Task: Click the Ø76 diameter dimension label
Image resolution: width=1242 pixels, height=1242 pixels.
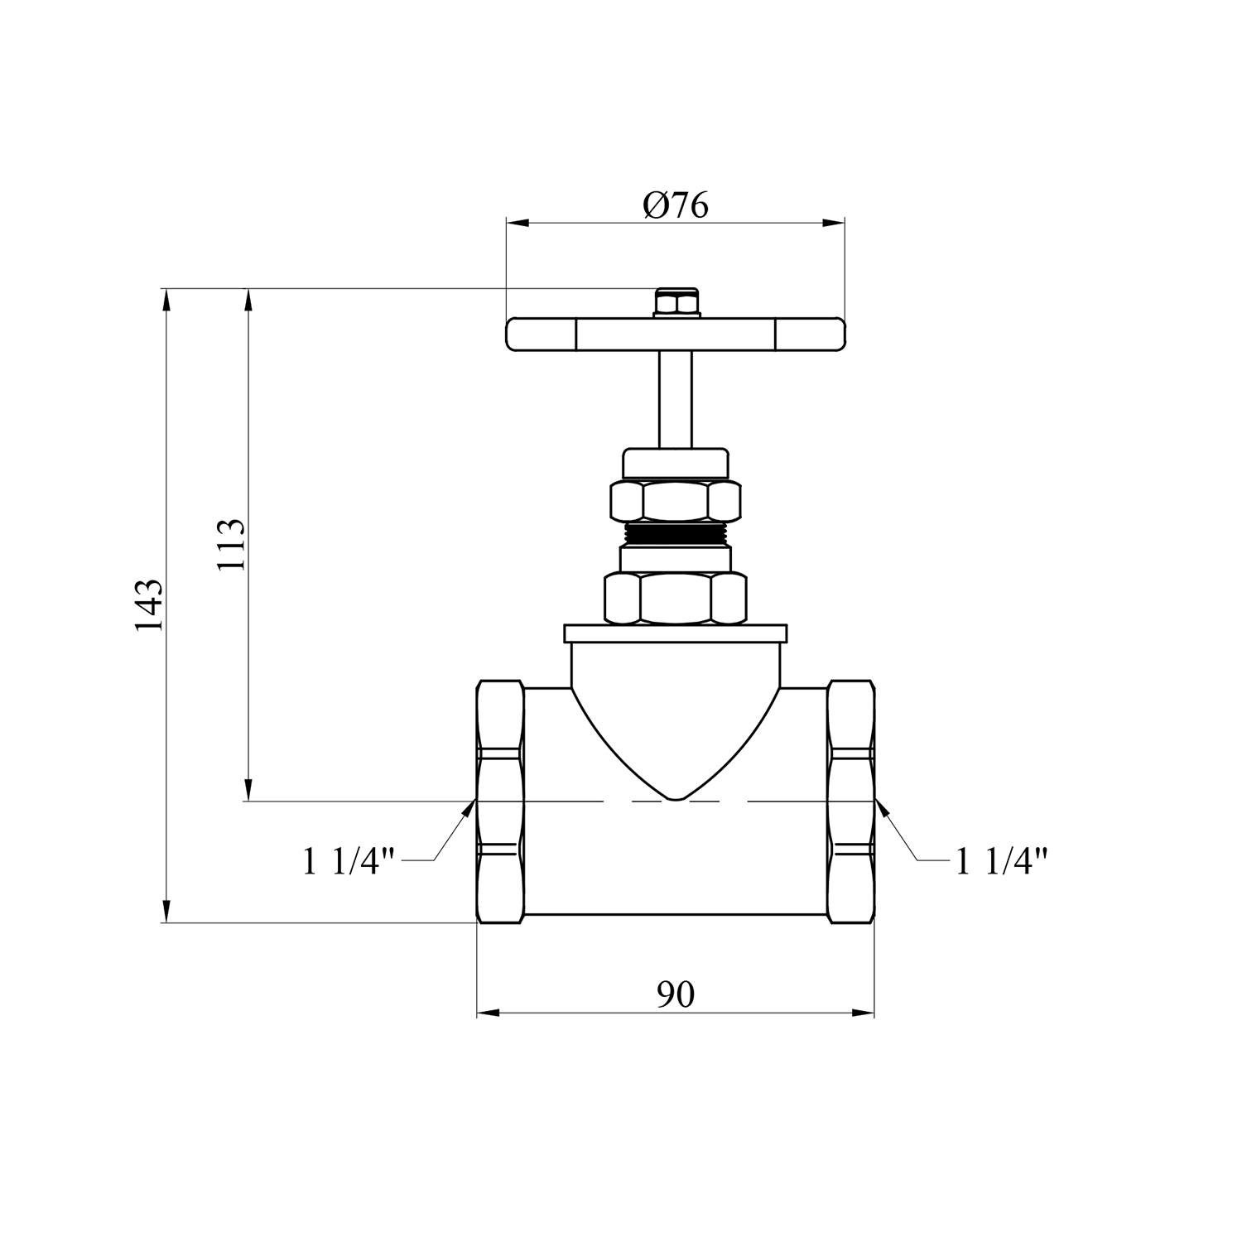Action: click(676, 205)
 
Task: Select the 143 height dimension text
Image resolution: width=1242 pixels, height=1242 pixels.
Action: click(150, 605)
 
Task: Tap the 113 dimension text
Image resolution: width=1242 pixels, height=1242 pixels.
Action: click(230, 544)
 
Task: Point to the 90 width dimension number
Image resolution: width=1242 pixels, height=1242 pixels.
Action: click(676, 994)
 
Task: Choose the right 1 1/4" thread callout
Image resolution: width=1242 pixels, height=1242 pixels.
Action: click(1003, 862)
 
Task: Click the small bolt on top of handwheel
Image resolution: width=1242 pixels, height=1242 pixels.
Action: click(676, 303)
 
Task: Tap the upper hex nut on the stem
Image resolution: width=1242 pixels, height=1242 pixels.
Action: click(676, 501)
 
